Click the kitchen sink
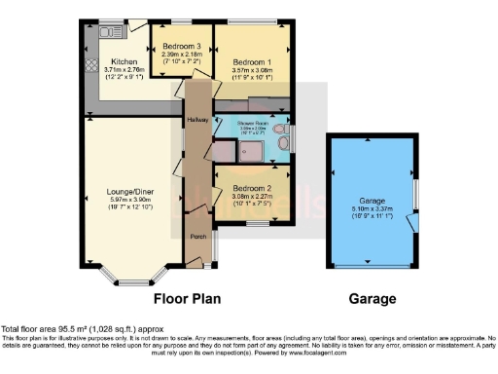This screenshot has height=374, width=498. point(105,32)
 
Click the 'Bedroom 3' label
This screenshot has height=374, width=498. point(182,46)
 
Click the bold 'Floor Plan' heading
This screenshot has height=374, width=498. point(190,299)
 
